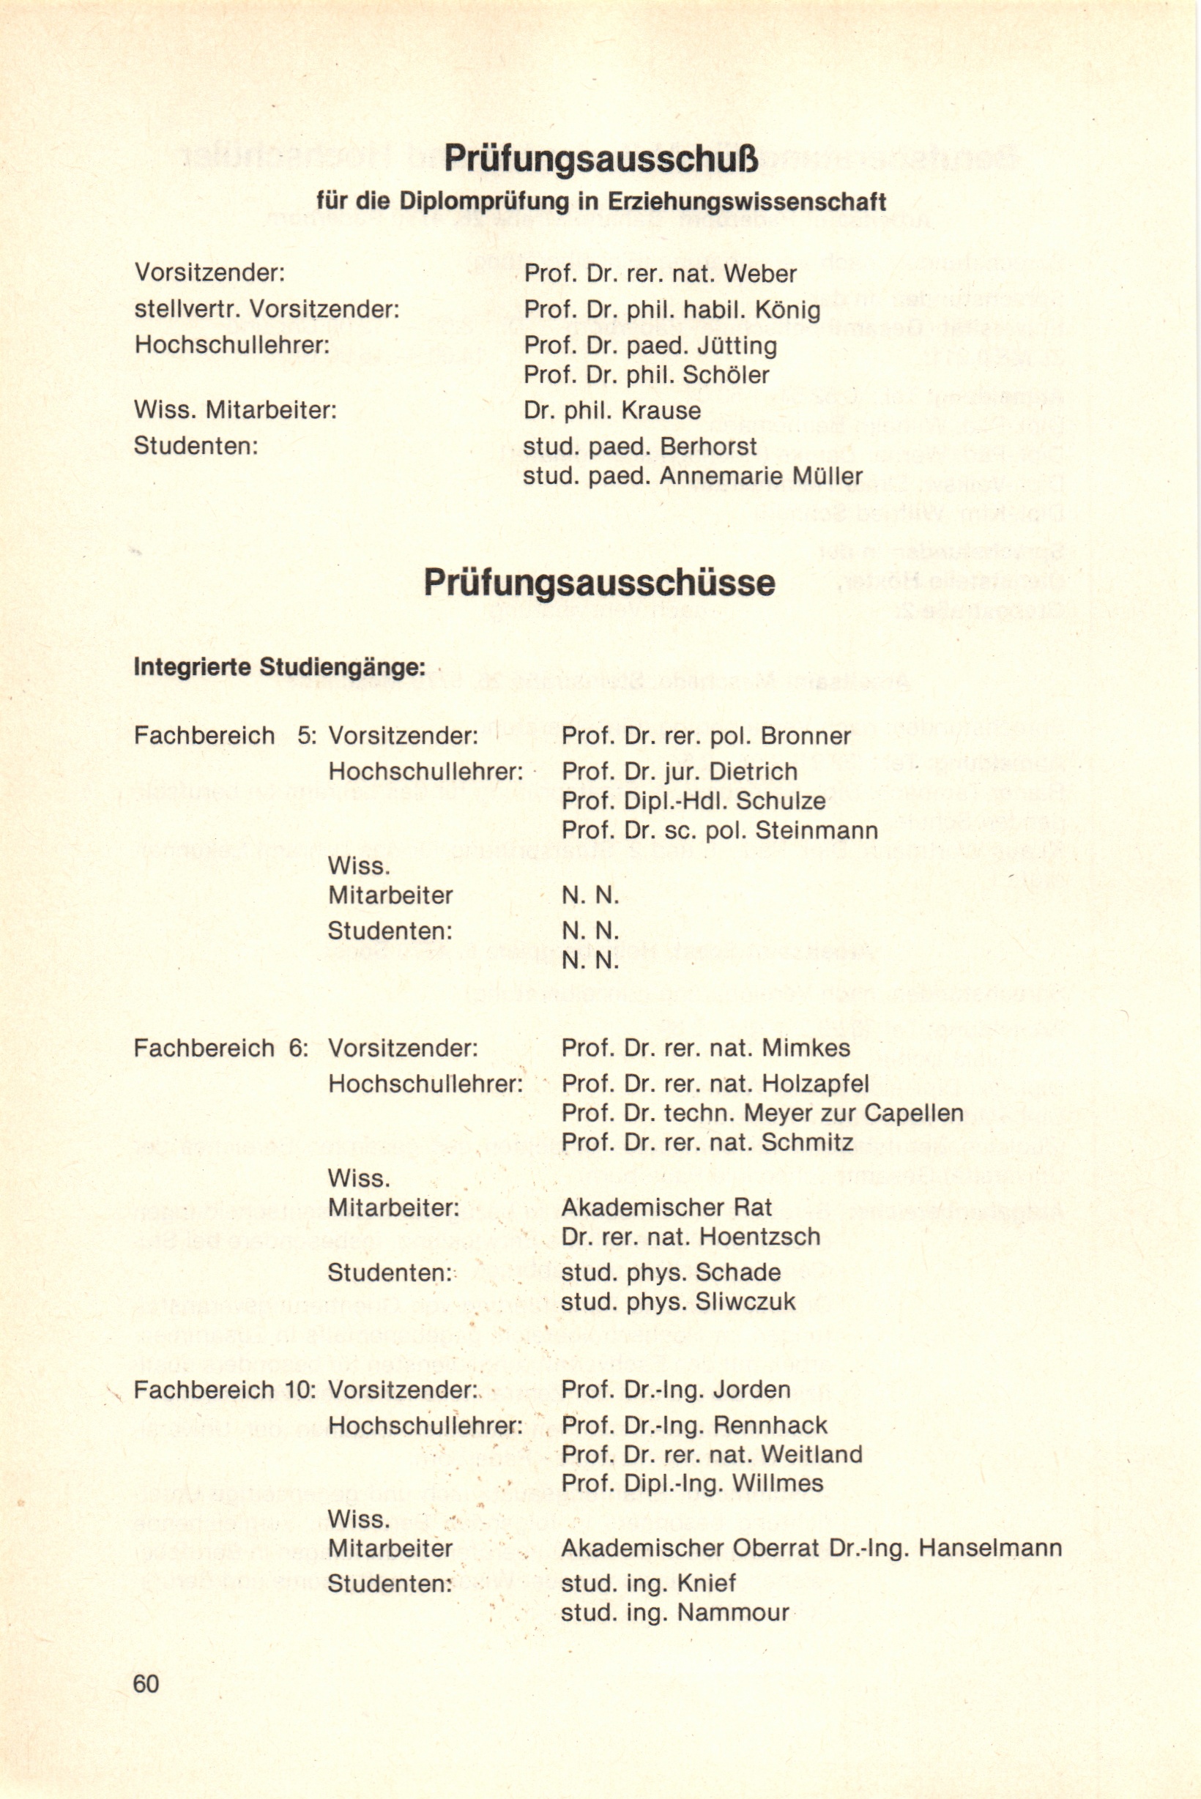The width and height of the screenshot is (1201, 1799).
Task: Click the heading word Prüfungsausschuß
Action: coord(600,160)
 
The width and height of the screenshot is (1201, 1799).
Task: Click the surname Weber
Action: coord(760,273)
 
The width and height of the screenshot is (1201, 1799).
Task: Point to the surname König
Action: coord(787,310)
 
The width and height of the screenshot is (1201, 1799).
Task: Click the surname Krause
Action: coord(661,411)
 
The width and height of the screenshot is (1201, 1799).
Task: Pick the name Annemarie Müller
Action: coord(761,476)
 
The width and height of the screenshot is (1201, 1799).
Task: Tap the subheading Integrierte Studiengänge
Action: coord(279,667)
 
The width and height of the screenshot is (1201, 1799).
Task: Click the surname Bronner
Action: coord(806,736)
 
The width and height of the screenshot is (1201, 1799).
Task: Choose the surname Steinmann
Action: coord(816,830)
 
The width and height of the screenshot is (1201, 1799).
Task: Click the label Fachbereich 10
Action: coord(223,1389)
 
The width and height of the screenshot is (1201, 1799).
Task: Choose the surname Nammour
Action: coord(733,1613)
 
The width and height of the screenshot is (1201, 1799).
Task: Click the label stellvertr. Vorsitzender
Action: coord(267,310)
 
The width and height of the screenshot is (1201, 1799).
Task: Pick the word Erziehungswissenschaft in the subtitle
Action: coord(747,201)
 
